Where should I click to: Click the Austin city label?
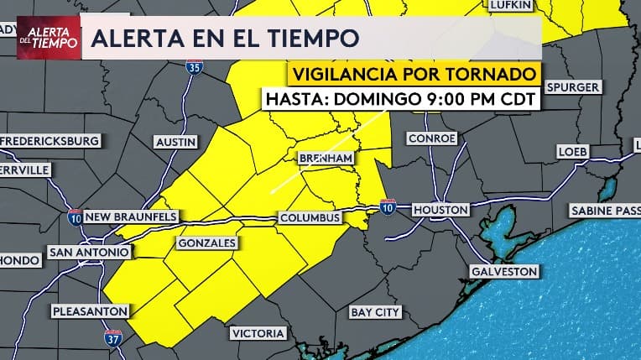pos(176,142)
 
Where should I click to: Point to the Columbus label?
pos(310,218)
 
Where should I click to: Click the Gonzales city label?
pos(206,243)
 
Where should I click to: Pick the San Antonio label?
pos(90,252)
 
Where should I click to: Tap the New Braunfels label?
pos(131,217)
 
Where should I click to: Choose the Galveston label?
pos(503,272)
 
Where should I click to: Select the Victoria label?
pos(258,333)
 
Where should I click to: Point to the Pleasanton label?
pos(90,311)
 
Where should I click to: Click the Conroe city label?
pos(431,138)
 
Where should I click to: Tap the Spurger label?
pos(572,87)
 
